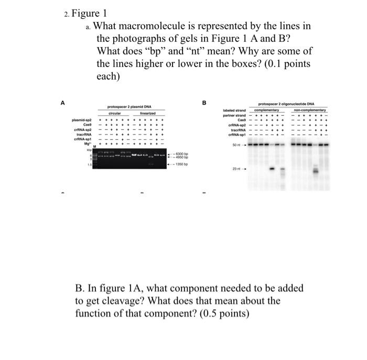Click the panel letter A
coord(63,103)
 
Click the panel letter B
coord(204,103)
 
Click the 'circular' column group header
coord(114,113)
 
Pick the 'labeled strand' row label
coord(234,111)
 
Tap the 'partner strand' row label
coord(234,115)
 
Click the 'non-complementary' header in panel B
coord(310,111)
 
